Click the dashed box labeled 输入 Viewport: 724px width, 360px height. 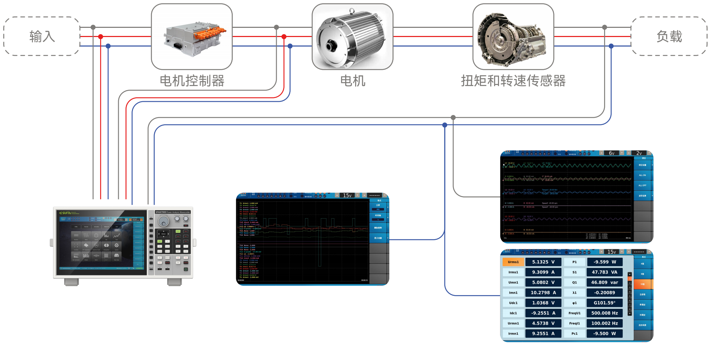42,36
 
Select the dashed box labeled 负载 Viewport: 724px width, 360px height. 669,36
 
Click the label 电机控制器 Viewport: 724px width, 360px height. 192,81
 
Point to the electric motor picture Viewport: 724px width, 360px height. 352,37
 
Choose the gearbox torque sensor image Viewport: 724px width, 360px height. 513,37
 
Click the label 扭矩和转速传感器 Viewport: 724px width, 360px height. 513,81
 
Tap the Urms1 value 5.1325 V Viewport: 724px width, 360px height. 543,262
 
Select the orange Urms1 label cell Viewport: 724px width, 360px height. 513,262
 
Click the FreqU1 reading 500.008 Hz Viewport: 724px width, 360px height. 604,313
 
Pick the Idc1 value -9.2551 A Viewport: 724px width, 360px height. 543,313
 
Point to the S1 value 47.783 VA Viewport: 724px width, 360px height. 604,272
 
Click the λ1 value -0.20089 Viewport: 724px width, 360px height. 604,293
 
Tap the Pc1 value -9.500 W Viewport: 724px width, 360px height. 604,334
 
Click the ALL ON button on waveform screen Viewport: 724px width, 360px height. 642,175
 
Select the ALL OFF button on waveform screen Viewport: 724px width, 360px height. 642,185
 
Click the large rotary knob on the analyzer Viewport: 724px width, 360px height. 163,221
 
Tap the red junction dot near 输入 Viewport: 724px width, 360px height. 101,37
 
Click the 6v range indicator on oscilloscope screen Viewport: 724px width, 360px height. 612,153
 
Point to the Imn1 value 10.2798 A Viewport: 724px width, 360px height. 543,293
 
